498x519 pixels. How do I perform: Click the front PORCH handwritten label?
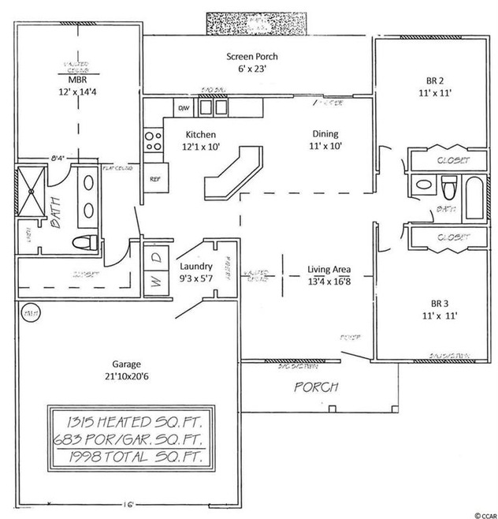tap(316, 387)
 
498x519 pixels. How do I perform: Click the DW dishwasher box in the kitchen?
tap(184, 107)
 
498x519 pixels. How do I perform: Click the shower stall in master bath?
tap(34, 190)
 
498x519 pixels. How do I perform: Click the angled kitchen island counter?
tap(232, 170)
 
